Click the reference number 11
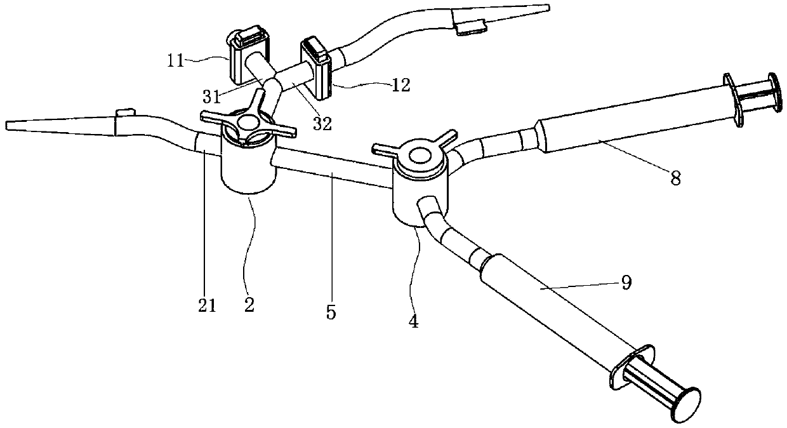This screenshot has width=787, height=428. coord(176,61)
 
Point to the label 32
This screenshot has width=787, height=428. coord(322,124)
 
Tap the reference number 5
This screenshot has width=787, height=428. coord(331,312)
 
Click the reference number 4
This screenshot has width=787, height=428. coord(413,321)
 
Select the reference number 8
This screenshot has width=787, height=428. coord(675,178)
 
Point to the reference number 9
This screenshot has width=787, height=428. coord(626,283)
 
